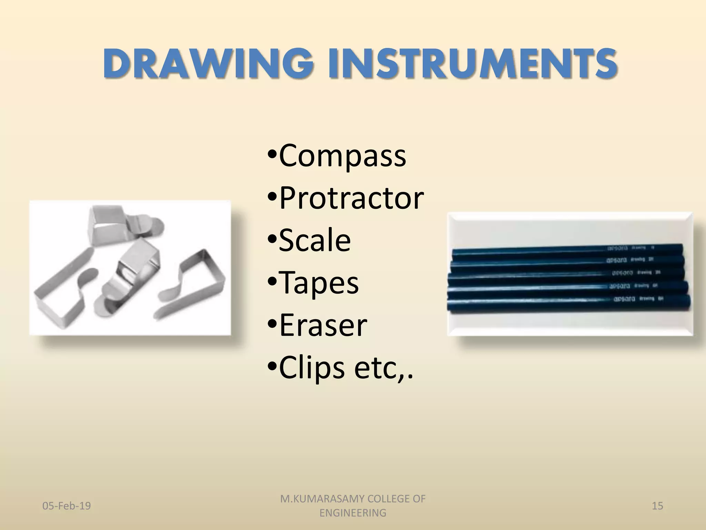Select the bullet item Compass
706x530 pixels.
tap(342, 156)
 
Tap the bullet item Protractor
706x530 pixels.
tap(351, 198)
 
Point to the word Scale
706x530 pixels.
tap(314, 241)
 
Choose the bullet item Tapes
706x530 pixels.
tap(319, 283)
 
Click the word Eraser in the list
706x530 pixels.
tap(323, 325)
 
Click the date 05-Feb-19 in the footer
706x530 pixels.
tap(67, 506)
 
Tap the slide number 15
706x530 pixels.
tap(657, 506)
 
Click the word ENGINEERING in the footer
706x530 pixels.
tap(353, 513)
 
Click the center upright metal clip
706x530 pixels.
tap(133, 276)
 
